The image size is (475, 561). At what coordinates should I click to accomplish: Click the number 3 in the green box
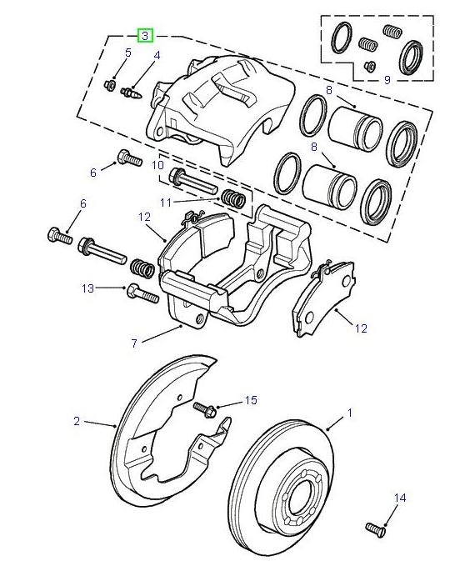coord(145,36)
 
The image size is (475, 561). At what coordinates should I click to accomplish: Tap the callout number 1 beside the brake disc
coord(350,413)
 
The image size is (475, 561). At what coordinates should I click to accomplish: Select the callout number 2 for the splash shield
coord(77,421)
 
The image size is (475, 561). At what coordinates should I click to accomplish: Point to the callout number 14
coord(399,498)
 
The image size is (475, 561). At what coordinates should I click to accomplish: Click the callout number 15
coord(251,401)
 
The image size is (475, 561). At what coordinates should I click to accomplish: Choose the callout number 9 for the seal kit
coord(387,80)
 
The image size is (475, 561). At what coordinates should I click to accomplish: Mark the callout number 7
coord(133,342)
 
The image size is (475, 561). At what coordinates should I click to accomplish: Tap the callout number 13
coord(87,288)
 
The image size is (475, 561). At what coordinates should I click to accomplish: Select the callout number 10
coord(158,166)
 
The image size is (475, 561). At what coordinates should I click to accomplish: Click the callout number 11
coord(166,203)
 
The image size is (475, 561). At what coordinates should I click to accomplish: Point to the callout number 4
coord(156,56)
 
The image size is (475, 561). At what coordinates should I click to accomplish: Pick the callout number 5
coord(128,53)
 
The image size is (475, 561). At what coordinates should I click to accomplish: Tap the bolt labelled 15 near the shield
coord(204,409)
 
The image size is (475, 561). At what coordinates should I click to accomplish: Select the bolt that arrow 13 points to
coord(141,293)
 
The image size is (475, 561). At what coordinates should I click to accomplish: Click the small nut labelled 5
coord(110,84)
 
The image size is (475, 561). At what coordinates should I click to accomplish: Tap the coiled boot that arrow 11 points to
coord(232,199)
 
